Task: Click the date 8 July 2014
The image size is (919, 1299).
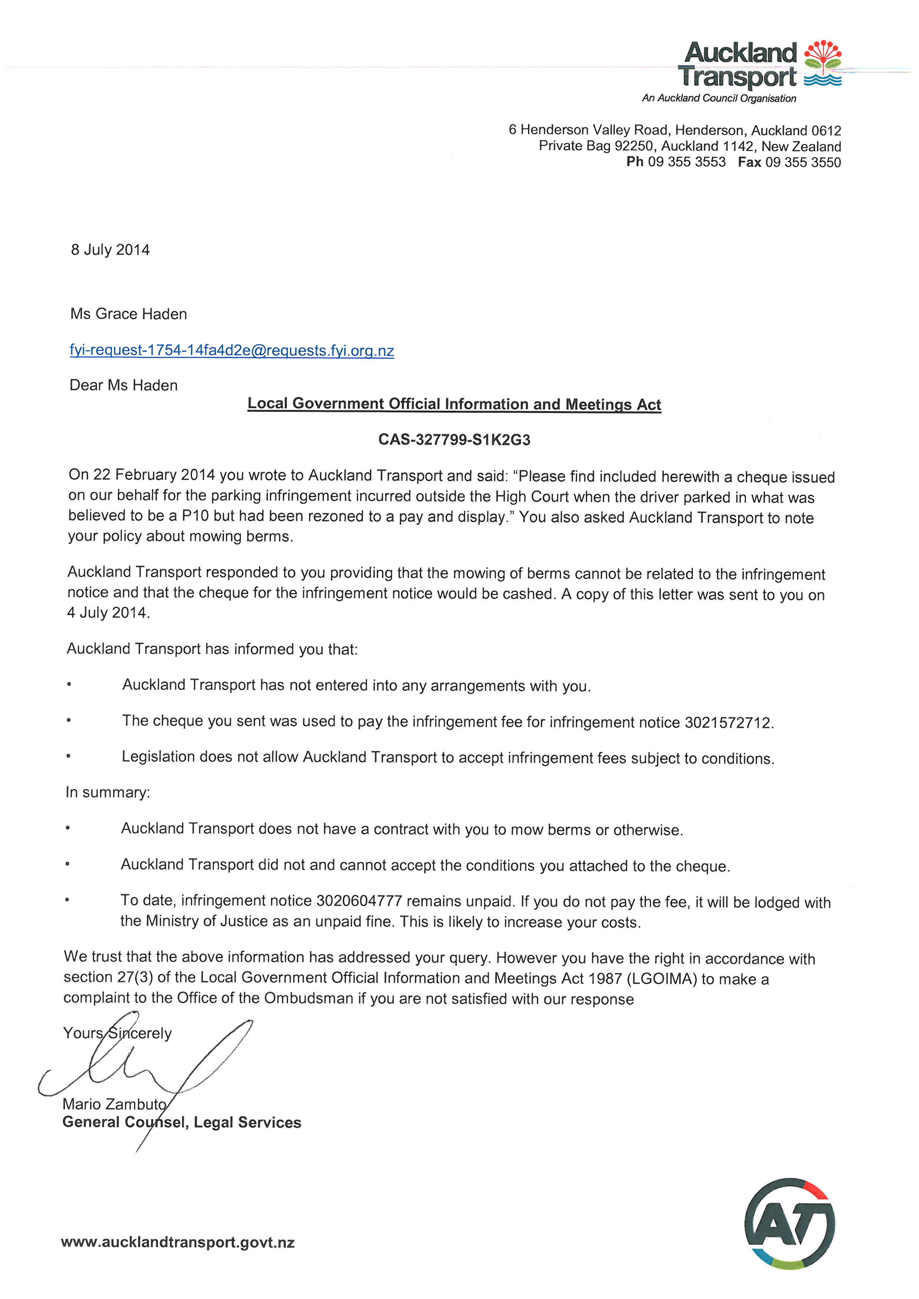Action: click(110, 250)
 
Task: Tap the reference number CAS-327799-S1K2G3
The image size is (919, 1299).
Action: click(454, 440)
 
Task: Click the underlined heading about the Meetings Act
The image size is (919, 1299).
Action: click(454, 404)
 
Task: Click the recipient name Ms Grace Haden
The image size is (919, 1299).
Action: click(129, 314)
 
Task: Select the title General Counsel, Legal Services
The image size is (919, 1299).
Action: click(182, 1122)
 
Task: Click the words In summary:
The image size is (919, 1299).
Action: click(107, 792)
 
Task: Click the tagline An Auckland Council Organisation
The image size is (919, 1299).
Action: click(719, 99)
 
